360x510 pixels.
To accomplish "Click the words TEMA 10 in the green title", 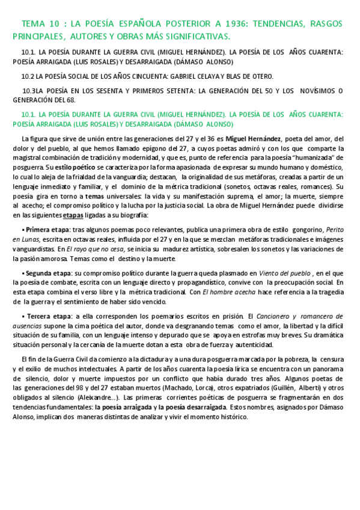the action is pos(38,24).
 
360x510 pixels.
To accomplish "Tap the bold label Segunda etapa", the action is pos(49,273).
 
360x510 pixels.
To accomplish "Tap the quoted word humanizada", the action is pos(313,157).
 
